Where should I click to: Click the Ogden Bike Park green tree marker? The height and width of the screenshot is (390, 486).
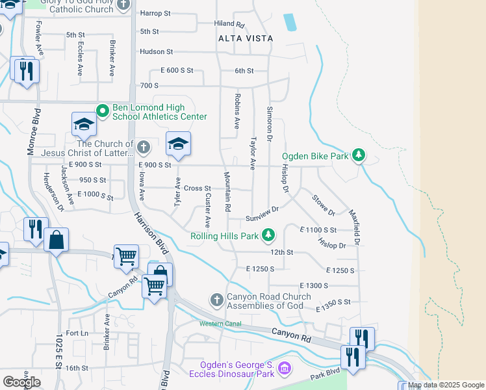pos(357,156)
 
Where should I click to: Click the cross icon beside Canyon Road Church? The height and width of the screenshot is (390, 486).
pos(216,300)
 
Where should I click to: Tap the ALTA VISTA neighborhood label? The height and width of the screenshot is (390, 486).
pos(246,38)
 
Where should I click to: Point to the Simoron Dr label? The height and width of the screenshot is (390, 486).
pos(269,124)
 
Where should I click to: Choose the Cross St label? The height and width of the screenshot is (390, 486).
pos(198,188)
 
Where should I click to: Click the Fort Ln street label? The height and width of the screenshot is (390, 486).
pos(76,333)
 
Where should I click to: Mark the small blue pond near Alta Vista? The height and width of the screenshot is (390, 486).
pos(290,23)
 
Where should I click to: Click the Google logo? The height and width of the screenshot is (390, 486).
pos(21,382)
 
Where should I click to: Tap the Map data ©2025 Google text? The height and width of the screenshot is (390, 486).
pos(446,385)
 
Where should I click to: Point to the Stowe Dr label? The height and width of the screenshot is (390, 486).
pos(324,205)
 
